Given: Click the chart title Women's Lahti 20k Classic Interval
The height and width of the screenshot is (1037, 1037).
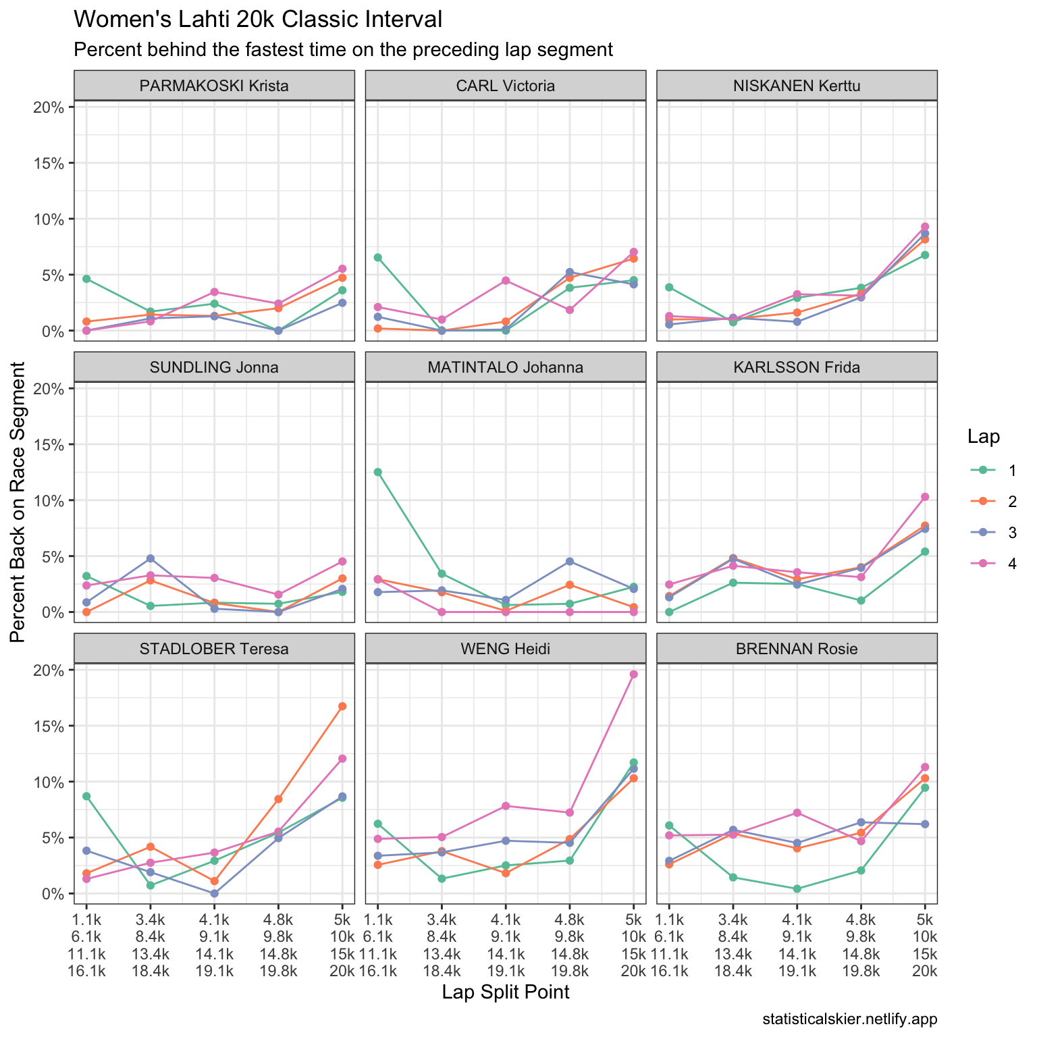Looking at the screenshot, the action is pyautogui.click(x=257, y=20).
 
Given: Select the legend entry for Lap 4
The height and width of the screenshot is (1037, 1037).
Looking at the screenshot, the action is pyautogui.click(x=992, y=564).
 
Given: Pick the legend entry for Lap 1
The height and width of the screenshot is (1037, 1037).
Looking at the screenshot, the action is pyautogui.click(x=992, y=471).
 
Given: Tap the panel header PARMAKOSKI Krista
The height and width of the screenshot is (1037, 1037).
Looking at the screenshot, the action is pyautogui.click(x=214, y=86).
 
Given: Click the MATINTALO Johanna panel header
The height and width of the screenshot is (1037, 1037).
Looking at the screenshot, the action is pyautogui.click(x=506, y=367).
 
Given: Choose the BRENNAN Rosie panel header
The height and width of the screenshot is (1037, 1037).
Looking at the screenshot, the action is pyautogui.click(x=797, y=649).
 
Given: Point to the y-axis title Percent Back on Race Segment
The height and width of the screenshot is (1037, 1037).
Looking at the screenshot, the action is pyautogui.click(x=18, y=502).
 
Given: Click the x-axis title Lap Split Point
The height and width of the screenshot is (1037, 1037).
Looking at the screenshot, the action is pyautogui.click(x=506, y=992).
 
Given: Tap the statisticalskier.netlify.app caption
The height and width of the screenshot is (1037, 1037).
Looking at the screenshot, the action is pyautogui.click(x=850, y=1019).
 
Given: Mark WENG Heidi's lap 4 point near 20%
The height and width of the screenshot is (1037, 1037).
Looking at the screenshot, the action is pyautogui.click(x=633, y=674).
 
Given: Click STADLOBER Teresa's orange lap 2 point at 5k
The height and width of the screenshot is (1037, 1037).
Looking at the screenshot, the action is pyautogui.click(x=342, y=706).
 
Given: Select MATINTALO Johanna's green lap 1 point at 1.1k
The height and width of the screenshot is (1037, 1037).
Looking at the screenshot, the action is pyautogui.click(x=378, y=472).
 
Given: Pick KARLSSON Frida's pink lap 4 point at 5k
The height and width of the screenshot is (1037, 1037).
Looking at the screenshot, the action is pyautogui.click(x=925, y=497).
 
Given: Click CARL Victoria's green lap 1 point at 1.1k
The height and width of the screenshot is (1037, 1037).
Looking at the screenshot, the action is pyautogui.click(x=378, y=257).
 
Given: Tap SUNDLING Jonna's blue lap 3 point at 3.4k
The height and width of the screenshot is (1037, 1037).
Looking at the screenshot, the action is pyautogui.click(x=151, y=558).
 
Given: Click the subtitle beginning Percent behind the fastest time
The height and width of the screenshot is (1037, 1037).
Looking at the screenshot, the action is pyautogui.click(x=343, y=50).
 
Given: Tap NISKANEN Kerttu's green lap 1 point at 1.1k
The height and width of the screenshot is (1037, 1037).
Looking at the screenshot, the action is pyautogui.click(x=669, y=287).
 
